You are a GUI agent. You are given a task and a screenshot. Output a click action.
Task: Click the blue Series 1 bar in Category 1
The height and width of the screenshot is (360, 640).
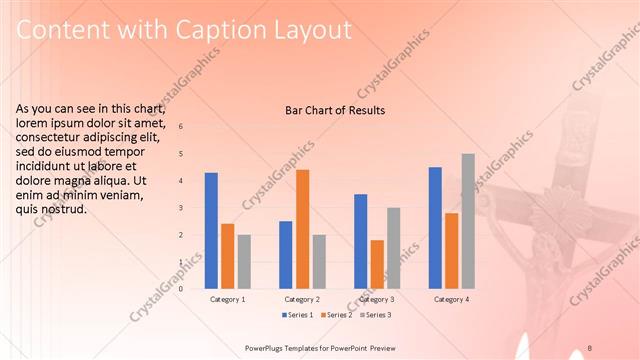pos(211,230)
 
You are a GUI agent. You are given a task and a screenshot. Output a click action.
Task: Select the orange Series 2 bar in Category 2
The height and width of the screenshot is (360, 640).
pos(302,229)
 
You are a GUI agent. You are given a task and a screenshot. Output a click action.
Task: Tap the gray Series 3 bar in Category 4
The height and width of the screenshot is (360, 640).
pos(468,221)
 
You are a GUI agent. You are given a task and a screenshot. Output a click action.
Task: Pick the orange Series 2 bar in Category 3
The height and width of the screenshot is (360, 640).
pos(377,264)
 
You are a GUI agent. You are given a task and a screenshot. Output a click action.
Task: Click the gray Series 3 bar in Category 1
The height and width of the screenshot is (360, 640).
pos(244,261)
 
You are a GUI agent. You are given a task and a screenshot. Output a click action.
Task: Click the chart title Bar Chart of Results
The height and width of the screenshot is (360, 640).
pos(329,110)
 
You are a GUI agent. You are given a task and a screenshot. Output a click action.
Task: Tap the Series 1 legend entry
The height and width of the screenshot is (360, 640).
pos(296,315)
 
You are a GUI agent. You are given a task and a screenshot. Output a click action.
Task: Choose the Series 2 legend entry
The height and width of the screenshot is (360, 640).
pos(336,315)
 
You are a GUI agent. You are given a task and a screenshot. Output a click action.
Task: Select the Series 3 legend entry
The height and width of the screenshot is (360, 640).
pos(375,315)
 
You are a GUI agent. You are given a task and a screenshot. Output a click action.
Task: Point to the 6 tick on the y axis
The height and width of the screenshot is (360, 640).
pos(181,127)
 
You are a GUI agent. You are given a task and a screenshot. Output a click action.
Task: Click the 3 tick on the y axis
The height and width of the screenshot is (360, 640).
pos(181,208)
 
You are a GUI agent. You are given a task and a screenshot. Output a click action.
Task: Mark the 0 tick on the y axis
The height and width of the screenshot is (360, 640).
pos(181,289)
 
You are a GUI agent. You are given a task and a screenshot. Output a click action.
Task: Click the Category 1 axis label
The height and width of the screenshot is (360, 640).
pos(228,299)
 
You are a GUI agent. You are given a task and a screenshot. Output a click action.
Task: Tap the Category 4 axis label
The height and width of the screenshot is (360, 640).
pos(452,299)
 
